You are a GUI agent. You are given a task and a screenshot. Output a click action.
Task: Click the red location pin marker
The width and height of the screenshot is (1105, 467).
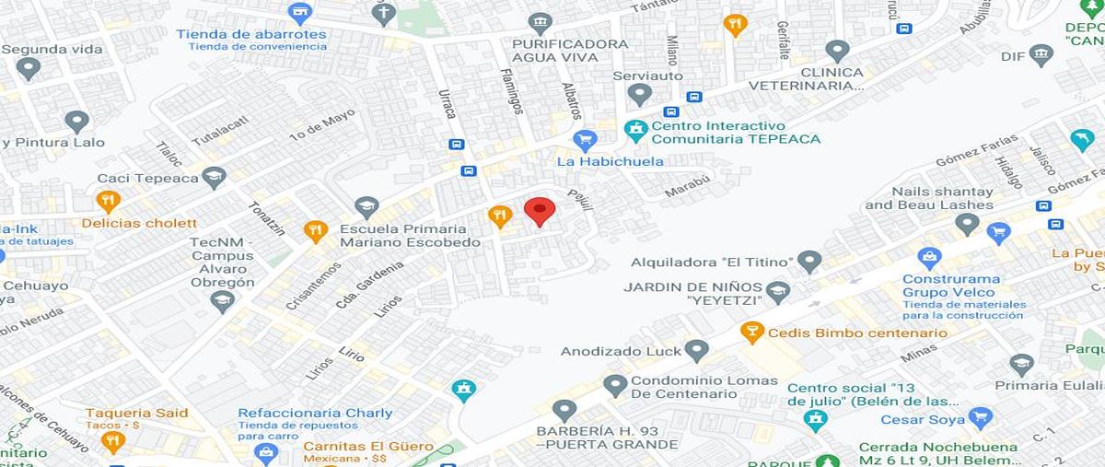pyautogui.click(x=540, y=211)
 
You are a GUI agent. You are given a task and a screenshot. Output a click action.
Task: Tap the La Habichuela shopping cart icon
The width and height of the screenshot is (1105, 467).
pyautogui.click(x=584, y=140)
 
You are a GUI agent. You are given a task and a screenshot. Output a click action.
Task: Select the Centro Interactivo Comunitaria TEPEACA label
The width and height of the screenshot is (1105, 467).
pyautogui.click(x=735, y=133)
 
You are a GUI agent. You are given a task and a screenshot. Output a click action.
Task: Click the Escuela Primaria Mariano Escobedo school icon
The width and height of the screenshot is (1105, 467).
pyautogui.click(x=366, y=207)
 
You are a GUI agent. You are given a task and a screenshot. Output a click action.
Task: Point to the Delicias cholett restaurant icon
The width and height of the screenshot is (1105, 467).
pyautogui.click(x=108, y=201)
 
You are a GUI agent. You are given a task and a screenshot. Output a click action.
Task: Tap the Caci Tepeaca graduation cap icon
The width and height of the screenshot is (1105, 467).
pyautogui.click(x=215, y=177)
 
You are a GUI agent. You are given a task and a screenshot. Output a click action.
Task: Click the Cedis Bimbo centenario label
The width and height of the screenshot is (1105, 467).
pyautogui.click(x=856, y=333)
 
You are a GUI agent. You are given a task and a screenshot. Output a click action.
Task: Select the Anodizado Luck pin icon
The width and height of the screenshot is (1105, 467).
pyautogui.click(x=697, y=350)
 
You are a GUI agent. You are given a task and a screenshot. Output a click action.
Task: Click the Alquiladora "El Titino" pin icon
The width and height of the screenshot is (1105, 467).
pyautogui.click(x=809, y=262)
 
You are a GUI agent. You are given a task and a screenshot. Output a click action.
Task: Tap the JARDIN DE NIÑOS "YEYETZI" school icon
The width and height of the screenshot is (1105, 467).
pyautogui.click(x=778, y=292)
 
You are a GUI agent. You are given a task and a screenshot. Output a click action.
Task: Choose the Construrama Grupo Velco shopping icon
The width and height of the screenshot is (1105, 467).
pyautogui.click(x=930, y=258)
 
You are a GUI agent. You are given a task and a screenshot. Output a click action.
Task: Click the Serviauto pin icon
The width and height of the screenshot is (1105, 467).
pyautogui.click(x=640, y=94)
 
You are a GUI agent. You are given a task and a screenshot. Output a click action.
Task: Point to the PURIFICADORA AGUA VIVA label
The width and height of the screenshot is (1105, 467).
pyautogui.click(x=571, y=52)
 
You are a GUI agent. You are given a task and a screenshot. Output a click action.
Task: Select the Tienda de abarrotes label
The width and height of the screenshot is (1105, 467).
pyautogui.click(x=251, y=35)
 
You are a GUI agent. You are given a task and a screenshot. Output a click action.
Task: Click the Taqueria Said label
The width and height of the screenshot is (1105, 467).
pyautogui.click(x=137, y=413)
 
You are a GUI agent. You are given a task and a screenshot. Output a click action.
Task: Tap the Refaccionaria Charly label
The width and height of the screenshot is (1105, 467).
pyautogui.click(x=315, y=414)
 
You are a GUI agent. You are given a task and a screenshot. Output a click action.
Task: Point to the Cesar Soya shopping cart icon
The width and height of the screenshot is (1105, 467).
pyautogui.click(x=981, y=419)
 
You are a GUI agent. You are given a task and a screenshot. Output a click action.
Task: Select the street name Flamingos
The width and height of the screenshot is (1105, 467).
pyautogui.click(x=512, y=90)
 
